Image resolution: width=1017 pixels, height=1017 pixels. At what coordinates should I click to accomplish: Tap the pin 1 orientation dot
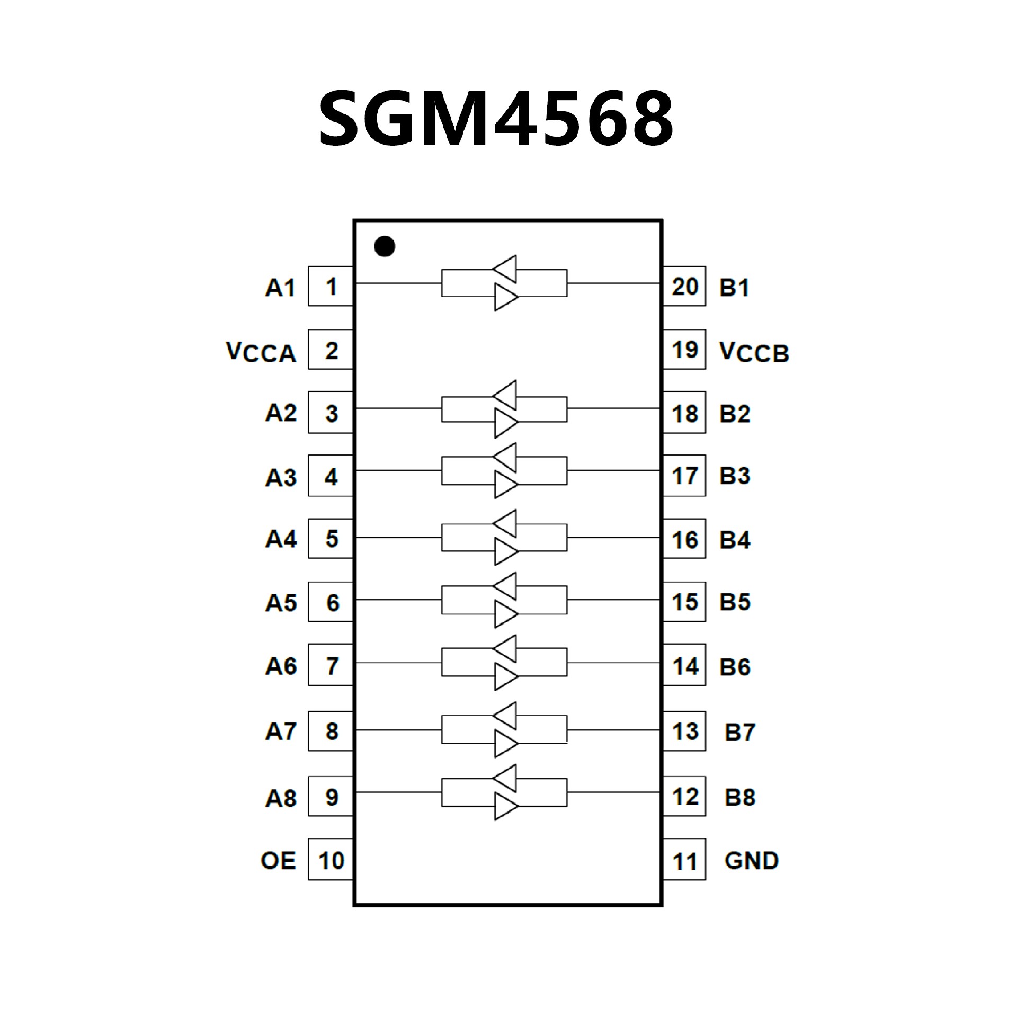(x=385, y=246)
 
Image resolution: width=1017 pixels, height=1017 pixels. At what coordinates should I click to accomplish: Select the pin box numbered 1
(x=331, y=287)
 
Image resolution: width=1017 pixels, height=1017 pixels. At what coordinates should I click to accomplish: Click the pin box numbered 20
(x=684, y=287)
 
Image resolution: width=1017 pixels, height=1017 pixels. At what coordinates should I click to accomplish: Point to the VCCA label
(x=261, y=352)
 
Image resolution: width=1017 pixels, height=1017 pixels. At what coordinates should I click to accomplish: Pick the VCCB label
(x=754, y=352)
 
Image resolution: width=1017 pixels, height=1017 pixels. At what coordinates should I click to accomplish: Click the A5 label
(x=281, y=603)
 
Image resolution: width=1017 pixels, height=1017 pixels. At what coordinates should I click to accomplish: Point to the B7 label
(x=739, y=733)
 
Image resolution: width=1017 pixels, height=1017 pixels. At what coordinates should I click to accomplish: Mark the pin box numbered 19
(x=684, y=350)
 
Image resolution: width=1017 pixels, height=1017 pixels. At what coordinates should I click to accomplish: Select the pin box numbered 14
(x=684, y=665)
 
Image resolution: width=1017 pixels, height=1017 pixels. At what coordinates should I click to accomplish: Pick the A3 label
(x=281, y=478)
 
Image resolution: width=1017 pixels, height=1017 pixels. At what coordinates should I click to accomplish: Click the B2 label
(x=735, y=414)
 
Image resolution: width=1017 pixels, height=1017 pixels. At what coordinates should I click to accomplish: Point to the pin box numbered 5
(x=331, y=539)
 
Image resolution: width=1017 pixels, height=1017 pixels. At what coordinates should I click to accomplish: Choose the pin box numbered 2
(x=331, y=350)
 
